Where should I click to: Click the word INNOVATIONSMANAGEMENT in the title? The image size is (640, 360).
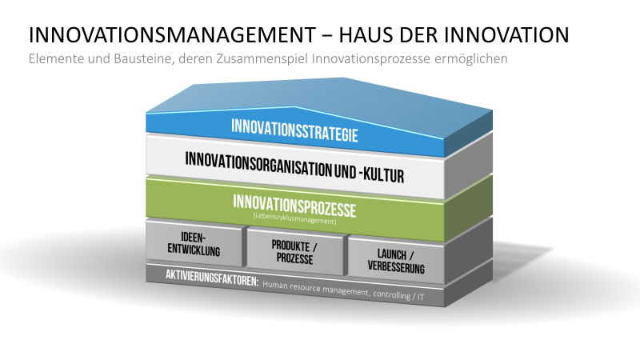[172, 34]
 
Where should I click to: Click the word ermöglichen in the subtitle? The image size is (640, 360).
[470, 59]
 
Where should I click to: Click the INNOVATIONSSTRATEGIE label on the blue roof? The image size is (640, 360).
[294, 130]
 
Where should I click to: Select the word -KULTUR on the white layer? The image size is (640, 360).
[382, 174]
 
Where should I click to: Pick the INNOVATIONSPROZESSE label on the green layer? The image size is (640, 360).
[294, 206]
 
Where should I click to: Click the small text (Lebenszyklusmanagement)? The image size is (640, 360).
[294, 218]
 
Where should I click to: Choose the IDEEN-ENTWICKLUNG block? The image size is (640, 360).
[194, 244]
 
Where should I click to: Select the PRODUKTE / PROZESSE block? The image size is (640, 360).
[295, 252]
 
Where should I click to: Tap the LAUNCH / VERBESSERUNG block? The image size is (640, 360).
[396, 261]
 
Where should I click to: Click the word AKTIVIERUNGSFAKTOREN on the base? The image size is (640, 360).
[212, 278]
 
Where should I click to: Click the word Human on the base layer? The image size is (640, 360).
[275, 285]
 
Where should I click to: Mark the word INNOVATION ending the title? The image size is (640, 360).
[506, 34]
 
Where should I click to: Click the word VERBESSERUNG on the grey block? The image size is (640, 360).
[396, 267]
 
